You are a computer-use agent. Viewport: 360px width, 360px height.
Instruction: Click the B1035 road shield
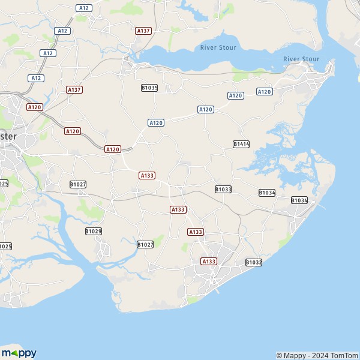(149, 88)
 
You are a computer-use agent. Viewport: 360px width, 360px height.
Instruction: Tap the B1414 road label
(241, 144)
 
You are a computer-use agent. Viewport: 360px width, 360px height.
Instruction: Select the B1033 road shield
(223, 189)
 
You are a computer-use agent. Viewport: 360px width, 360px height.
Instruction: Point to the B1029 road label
(94, 231)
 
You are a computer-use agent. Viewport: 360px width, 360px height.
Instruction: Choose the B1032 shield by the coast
(254, 262)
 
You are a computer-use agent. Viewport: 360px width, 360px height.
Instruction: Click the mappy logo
(19, 353)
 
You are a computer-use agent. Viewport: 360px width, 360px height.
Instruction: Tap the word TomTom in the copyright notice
(345, 355)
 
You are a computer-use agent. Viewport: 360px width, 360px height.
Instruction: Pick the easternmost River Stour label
(301, 59)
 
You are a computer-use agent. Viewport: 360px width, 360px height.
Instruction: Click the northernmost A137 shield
(143, 30)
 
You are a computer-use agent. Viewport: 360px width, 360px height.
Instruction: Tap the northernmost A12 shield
(83, 8)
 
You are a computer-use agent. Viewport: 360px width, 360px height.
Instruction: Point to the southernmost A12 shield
(36, 78)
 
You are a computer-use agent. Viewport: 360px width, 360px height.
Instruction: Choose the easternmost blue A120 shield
(264, 91)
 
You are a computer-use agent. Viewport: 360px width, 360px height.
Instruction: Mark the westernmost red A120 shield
(34, 107)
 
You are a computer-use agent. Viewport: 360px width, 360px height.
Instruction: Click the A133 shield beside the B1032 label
(209, 261)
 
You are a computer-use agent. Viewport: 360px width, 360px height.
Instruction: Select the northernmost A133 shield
(147, 175)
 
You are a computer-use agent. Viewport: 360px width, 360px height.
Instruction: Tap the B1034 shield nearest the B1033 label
(267, 193)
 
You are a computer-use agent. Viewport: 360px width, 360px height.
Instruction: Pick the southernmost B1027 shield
(145, 244)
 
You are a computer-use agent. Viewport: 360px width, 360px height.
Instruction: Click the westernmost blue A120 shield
(155, 122)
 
